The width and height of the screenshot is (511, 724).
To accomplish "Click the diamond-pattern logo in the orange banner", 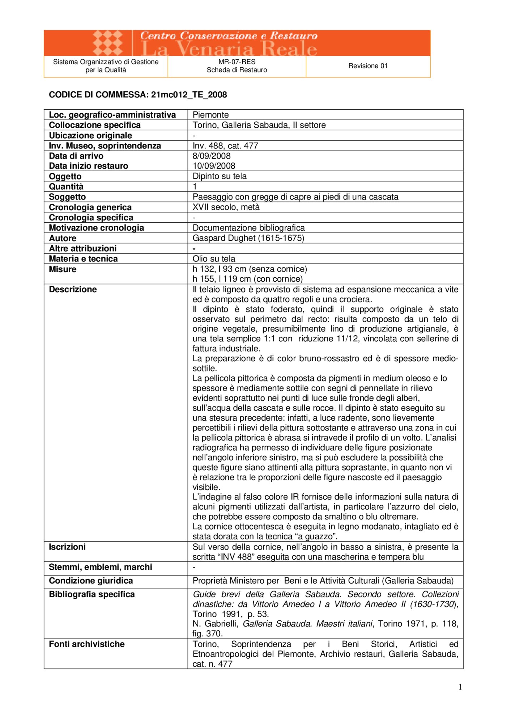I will click(x=107, y=43).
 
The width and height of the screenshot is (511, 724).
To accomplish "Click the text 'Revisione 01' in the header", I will click(x=368, y=66).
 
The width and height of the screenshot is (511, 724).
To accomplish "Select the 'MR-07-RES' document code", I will click(x=237, y=62).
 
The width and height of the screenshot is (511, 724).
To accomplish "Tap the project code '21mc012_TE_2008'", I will click(x=189, y=95).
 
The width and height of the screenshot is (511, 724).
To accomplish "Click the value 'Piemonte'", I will click(x=210, y=115).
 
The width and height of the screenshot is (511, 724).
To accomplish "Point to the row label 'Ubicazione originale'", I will click(x=90, y=135).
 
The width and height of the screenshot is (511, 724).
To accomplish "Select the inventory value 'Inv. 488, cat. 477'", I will click(x=225, y=146).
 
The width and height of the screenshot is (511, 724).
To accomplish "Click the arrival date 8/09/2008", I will click(x=212, y=156).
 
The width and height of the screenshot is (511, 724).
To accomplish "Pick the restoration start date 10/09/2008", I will click(x=214, y=166).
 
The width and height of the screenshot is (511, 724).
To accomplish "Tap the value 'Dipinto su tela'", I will click(x=220, y=176).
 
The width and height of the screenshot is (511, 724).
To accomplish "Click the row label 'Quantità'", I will click(x=66, y=186).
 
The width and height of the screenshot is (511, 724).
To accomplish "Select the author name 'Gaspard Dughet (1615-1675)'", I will click(x=248, y=238).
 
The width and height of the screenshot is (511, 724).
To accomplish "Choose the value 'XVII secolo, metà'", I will click(x=226, y=207).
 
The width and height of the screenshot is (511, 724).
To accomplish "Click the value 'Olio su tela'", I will click(x=214, y=259).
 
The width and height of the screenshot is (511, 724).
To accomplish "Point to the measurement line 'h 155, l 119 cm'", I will click(x=248, y=279).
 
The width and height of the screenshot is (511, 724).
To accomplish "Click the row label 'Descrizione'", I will click(x=73, y=289).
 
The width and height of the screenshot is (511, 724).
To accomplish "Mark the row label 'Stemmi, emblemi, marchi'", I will click(x=101, y=567).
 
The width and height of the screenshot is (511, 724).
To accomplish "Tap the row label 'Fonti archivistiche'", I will click(x=87, y=644).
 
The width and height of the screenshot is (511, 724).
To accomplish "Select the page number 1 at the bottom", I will click(x=460, y=687).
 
